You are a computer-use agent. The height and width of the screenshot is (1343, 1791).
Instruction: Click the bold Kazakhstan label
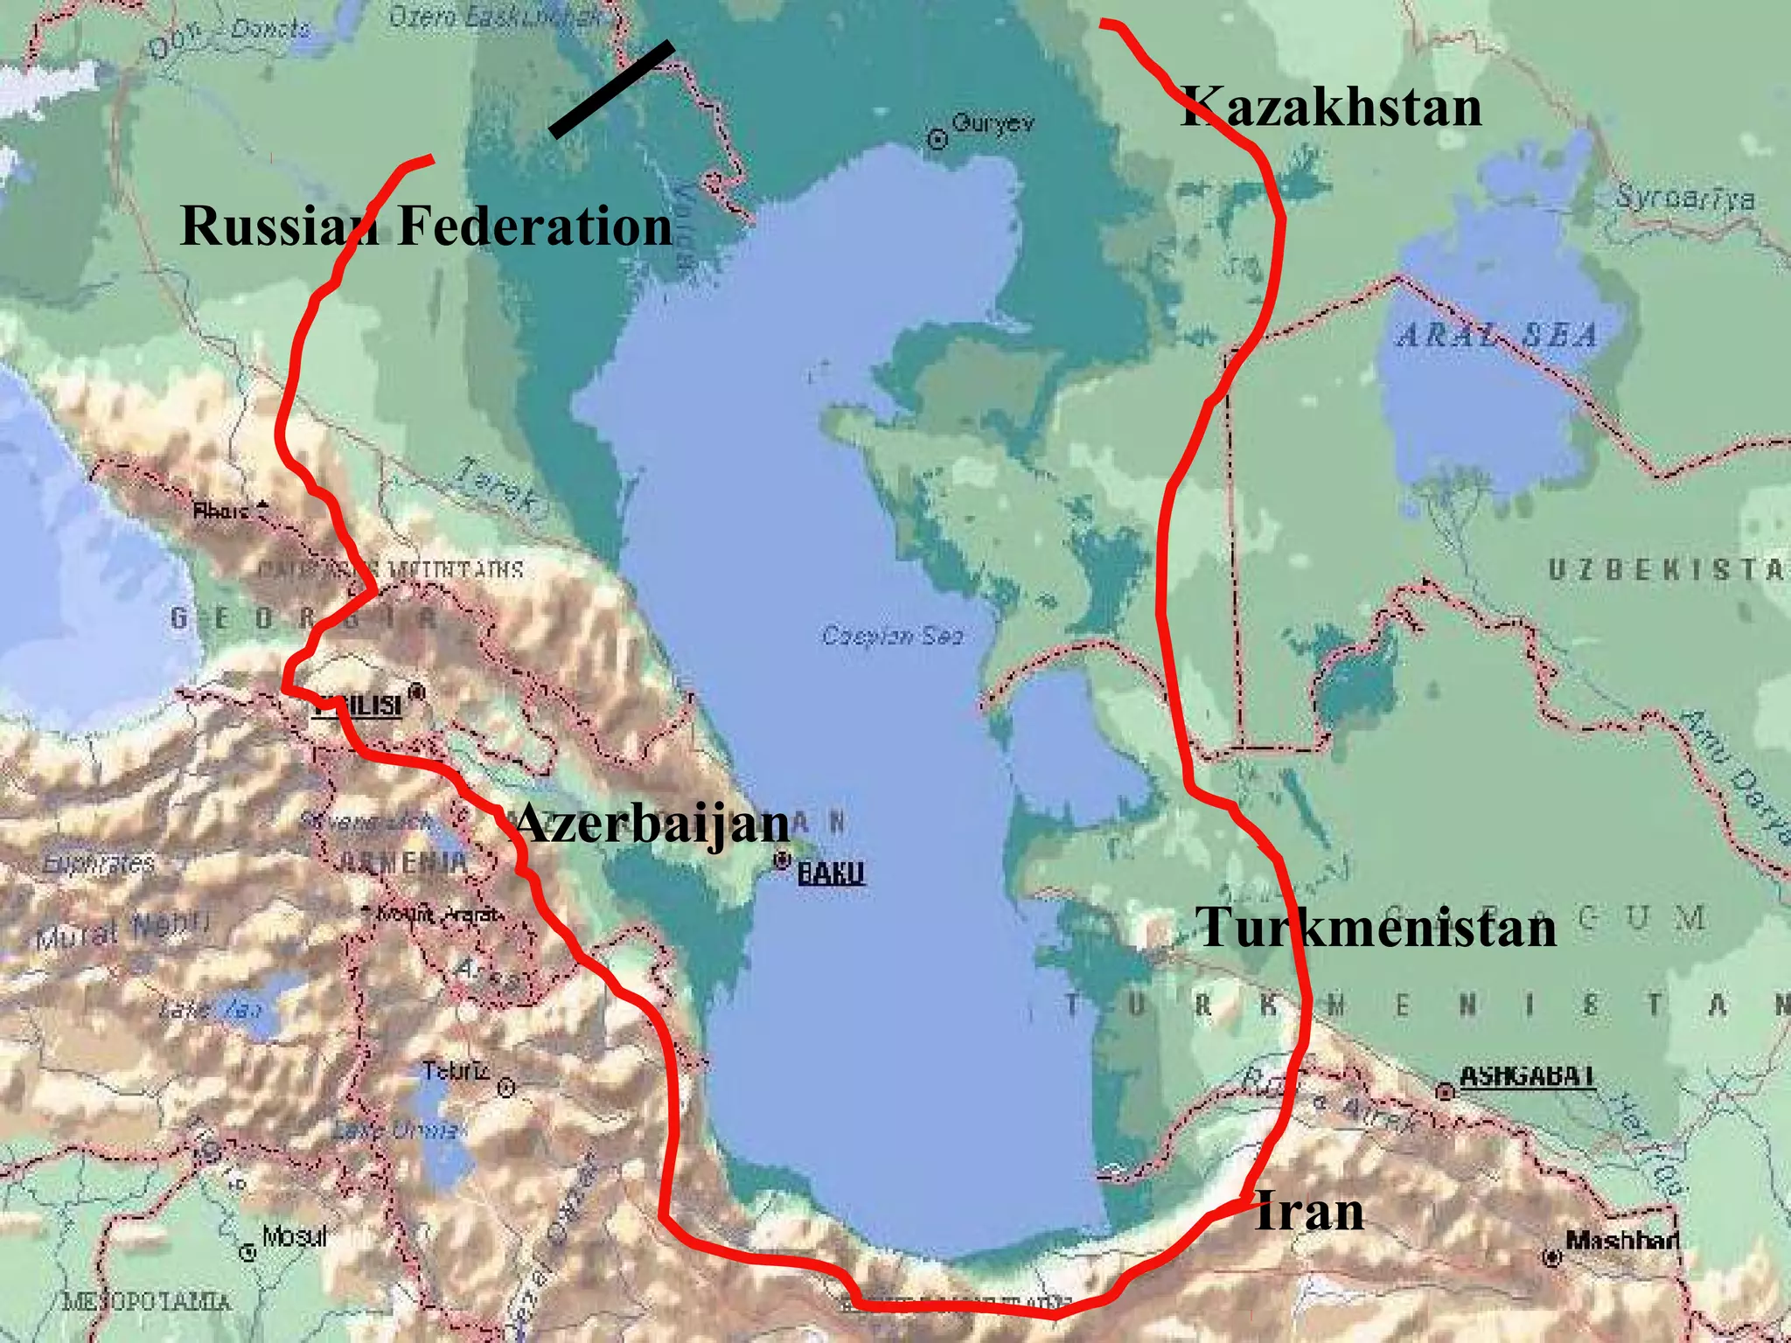tap(1331, 108)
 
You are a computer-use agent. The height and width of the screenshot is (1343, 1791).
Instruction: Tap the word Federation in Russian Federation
tap(534, 226)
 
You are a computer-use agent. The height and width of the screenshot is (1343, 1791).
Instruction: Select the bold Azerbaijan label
tap(652, 824)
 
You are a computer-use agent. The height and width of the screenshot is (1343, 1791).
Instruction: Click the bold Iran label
tap(1309, 1212)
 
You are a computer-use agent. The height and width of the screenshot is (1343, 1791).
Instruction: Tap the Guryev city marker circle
tap(937, 139)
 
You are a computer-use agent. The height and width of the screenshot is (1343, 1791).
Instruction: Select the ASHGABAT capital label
tap(1526, 1075)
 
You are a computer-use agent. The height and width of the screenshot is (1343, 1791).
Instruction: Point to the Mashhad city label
tap(1621, 1240)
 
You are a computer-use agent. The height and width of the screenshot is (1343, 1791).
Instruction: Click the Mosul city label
tap(294, 1236)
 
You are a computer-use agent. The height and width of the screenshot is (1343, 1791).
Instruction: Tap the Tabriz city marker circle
tap(505, 1088)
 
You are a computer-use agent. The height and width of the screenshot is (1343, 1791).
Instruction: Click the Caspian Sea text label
tap(892, 636)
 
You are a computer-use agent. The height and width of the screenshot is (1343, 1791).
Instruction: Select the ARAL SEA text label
tap(1498, 336)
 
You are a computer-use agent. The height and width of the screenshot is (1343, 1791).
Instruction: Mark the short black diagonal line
tap(611, 88)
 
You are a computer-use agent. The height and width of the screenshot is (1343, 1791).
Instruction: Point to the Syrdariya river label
tap(1683, 198)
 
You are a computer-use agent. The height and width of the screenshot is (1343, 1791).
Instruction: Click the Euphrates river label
tap(98, 864)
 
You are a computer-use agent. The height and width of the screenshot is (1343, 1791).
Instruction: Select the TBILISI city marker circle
tap(417, 692)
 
